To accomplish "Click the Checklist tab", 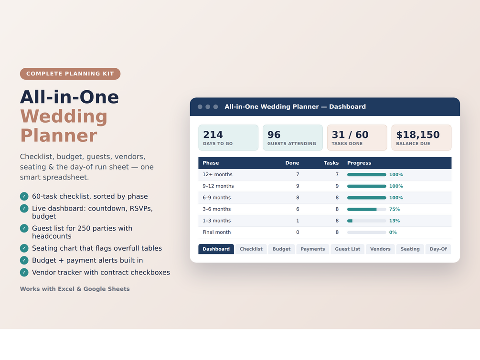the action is tap(251, 249).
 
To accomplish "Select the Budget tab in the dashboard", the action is tap(281, 249).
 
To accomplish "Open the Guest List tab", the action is tap(347, 249).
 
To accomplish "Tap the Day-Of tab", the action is tap(438, 249).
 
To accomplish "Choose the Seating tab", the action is tap(410, 249).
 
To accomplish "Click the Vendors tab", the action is tap(380, 249).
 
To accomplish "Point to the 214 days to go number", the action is tap(213, 135).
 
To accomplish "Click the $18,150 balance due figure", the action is tap(418, 135).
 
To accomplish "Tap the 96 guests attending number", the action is tap(274, 135).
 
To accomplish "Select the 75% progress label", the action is tap(395, 209).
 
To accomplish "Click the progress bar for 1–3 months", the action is tap(366, 221).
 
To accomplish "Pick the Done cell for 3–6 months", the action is tap(298, 209).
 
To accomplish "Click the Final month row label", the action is tap(216, 232).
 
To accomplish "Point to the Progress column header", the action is tap(359, 163).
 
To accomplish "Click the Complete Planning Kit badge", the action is tap(70, 74).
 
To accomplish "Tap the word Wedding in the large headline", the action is tap(64, 116).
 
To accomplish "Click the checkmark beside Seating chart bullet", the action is tap(24, 248).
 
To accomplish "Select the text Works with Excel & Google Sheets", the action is tap(75, 289).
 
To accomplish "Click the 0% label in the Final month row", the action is tap(393, 233).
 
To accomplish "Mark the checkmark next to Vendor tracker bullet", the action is tap(24, 272).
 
